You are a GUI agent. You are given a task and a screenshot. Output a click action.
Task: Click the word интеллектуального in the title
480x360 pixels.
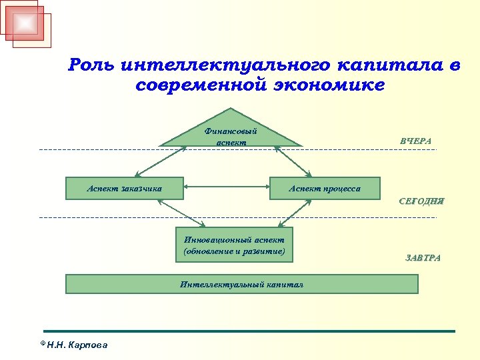(x=225, y=65)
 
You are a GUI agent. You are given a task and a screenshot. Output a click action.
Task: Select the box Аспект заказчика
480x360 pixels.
(x=124, y=188)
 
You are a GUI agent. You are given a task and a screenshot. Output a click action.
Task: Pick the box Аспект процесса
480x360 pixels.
(x=324, y=188)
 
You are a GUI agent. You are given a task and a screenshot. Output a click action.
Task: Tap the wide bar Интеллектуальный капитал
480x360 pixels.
(x=241, y=284)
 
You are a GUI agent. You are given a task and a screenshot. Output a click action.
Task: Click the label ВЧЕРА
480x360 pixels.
(x=415, y=141)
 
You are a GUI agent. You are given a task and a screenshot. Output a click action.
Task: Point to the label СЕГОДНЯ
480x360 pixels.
(x=421, y=201)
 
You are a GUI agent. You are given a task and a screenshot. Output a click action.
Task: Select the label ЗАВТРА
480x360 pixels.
(x=423, y=257)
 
